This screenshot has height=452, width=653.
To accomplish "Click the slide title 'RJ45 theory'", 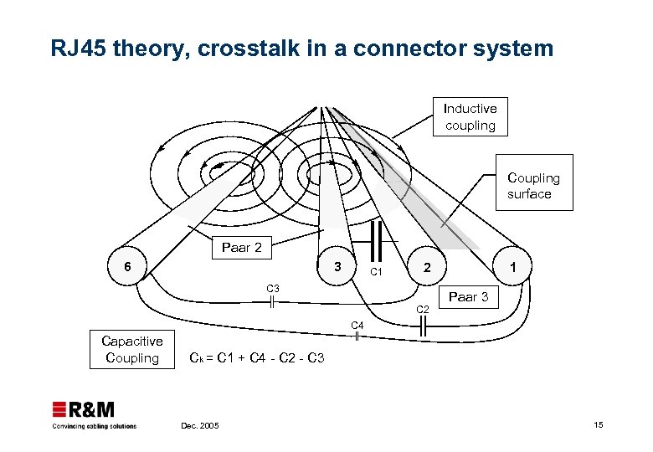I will (x=301, y=49).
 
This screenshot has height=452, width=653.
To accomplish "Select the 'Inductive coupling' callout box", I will (x=470, y=117).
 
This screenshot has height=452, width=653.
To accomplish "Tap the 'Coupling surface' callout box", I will (x=533, y=186).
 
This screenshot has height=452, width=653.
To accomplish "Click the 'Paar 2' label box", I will (x=241, y=248).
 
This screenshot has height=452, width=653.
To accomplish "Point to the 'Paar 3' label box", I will (x=469, y=297).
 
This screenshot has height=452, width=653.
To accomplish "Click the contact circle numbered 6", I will (x=126, y=266).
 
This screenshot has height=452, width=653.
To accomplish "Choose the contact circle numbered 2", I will (x=427, y=268).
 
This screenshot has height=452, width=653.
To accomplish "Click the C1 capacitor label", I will (x=377, y=273).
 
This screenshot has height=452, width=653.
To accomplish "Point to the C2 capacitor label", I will (x=424, y=311).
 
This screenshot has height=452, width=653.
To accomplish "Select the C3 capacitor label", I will (x=273, y=289).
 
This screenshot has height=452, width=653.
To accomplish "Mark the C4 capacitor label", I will (x=357, y=325).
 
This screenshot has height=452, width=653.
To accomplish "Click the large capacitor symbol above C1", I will (x=377, y=242).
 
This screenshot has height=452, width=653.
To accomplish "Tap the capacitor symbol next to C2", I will (x=423, y=327).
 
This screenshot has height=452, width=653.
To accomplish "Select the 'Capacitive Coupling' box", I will (x=132, y=350).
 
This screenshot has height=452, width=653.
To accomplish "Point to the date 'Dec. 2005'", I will (x=199, y=426).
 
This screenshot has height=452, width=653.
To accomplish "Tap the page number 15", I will (x=598, y=425).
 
